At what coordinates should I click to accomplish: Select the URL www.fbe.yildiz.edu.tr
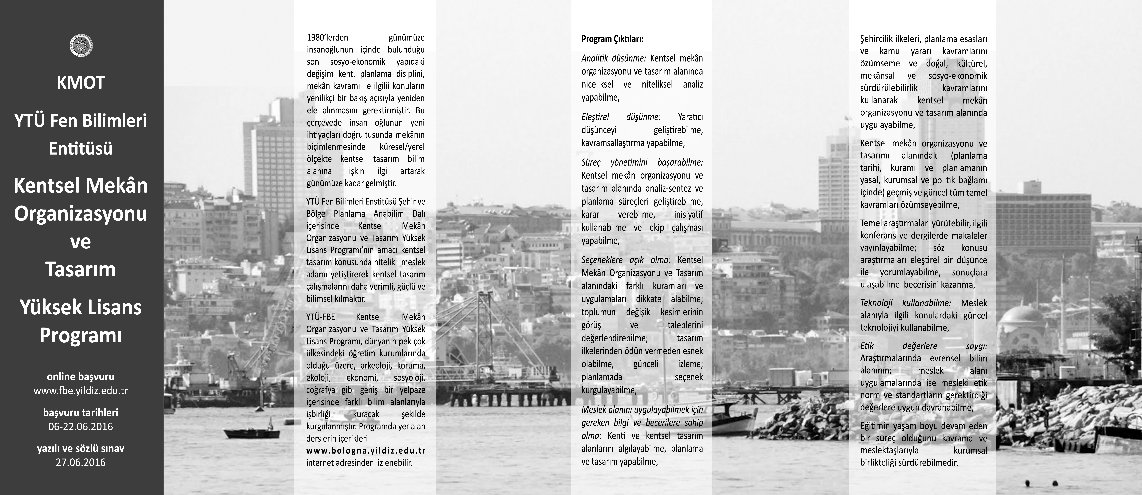click(81, 391)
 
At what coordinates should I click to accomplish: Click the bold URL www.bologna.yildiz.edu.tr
click(366, 451)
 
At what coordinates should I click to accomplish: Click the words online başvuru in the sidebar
click(81, 377)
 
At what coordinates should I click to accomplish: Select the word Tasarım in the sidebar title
click(81, 269)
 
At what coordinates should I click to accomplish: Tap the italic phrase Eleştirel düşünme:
click(621, 117)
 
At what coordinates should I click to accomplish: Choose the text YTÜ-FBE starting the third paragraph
click(321, 317)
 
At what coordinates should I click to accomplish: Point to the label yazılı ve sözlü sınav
click(81, 448)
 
